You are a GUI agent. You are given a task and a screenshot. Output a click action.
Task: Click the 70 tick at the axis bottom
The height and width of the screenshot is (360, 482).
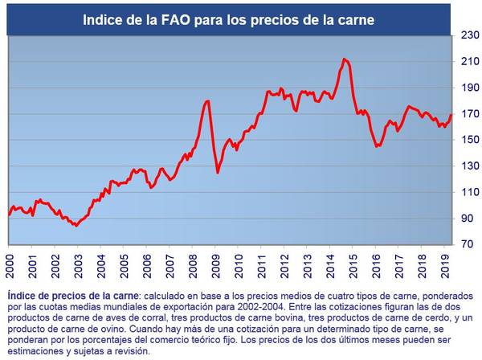(468, 243)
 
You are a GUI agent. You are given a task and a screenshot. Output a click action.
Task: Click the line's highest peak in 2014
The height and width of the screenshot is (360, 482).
(344, 59)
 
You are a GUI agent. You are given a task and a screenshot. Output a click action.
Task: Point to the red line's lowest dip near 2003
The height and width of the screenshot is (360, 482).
(76, 226)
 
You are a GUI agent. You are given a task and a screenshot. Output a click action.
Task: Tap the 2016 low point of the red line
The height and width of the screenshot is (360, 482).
(377, 146)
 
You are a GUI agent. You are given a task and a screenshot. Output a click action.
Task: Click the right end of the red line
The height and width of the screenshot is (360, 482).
(451, 115)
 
